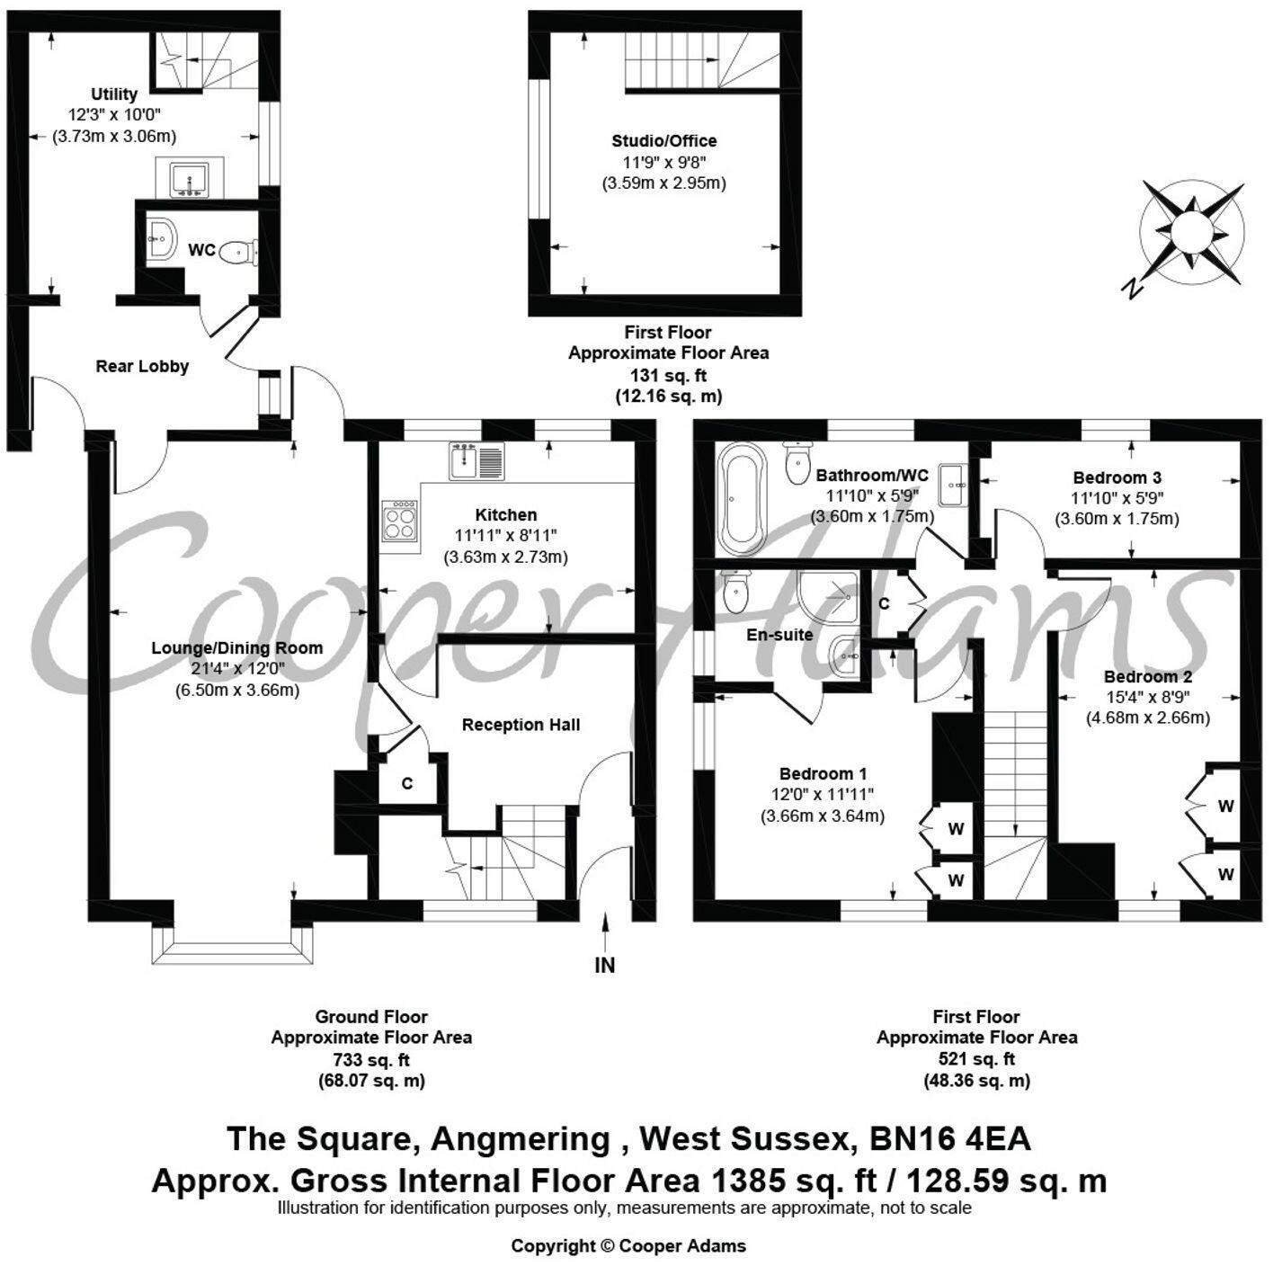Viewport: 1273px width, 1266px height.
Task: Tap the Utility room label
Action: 114,94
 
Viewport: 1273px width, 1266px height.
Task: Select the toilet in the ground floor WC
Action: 238,251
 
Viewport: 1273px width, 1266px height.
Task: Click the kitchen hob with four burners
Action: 400,521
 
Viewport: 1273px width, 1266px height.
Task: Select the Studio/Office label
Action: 663,141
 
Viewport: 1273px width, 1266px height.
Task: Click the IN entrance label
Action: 605,966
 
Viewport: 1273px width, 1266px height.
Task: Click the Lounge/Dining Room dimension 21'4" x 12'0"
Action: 236,669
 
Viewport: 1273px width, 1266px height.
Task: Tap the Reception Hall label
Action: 521,725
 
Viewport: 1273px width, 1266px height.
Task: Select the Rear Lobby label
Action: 142,366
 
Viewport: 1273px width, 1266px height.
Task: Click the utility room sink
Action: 190,180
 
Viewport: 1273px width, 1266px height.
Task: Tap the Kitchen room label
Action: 506,515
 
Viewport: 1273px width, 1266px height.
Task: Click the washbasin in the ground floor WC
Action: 162,237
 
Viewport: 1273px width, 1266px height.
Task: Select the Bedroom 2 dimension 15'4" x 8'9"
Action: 1148,698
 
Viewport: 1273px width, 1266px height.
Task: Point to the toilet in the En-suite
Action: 735,593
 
